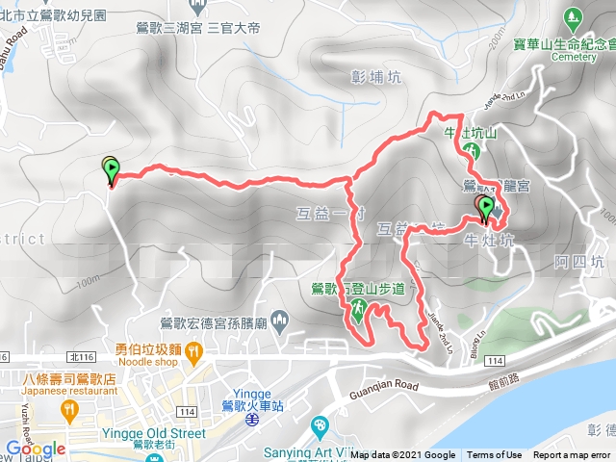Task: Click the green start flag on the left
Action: click(111, 170)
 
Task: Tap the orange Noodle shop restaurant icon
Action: click(193, 353)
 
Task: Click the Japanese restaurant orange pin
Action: click(68, 411)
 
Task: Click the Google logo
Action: click(35, 449)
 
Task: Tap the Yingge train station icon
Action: click(250, 420)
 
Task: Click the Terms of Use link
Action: click(494, 455)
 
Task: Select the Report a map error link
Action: click(572, 455)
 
